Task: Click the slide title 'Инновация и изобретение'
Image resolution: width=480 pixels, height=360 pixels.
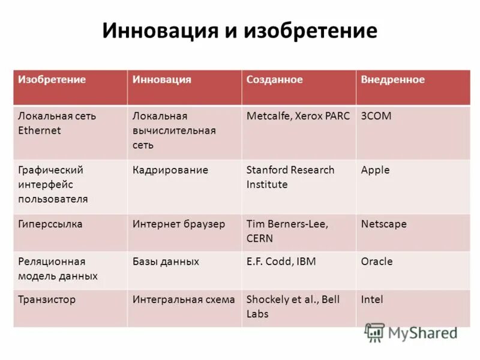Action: point(239,31)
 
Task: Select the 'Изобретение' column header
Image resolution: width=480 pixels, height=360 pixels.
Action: point(52,80)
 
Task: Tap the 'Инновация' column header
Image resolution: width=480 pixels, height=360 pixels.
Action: point(162,80)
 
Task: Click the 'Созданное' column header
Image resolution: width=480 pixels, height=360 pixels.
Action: point(275,80)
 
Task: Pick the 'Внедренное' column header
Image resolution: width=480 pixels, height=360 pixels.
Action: point(393,80)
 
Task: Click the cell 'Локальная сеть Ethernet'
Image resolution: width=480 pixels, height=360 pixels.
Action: point(56,123)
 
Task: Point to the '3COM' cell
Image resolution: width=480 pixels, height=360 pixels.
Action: point(376,116)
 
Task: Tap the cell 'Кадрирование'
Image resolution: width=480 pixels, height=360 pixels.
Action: point(170,170)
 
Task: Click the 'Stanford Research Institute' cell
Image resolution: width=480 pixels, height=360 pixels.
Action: point(290,177)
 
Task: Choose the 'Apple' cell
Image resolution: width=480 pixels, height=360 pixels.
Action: point(376,170)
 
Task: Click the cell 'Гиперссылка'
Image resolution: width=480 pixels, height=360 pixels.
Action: point(50,224)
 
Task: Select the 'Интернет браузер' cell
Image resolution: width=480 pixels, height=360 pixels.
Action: point(179,224)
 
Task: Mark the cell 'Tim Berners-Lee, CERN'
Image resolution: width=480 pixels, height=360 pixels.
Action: point(287,231)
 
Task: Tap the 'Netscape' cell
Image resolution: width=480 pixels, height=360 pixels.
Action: point(384,224)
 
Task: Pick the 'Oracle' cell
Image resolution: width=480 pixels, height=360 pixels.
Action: point(377,261)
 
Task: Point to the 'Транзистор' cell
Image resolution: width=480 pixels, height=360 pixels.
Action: point(47,299)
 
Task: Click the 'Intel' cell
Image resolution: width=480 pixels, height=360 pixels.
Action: point(372,299)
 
